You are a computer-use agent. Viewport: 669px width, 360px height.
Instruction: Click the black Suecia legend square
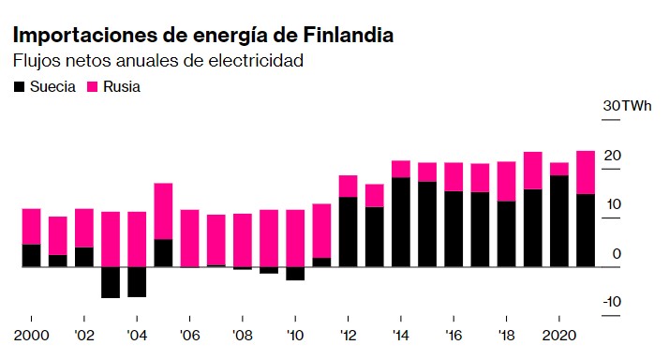pyautogui.click(x=19, y=86)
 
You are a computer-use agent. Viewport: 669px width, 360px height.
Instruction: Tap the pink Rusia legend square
pyautogui.click(x=93, y=86)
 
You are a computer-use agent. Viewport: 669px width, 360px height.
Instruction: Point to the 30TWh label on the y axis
pyautogui.click(x=626, y=106)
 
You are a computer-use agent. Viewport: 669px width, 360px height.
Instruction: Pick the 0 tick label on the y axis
pyautogui.click(x=616, y=253)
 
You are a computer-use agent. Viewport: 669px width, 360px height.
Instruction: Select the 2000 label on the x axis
pyautogui.click(x=31, y=335)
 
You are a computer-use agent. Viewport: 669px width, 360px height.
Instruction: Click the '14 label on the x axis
pyautogui.click(x=401, y=335)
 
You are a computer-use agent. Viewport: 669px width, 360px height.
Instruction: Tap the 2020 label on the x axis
pyautogui.click(x=559, y=335)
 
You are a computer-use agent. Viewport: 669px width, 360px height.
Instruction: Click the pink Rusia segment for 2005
pyautogui.click(x=163, y=211)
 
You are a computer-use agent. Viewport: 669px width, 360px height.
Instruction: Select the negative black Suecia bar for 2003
pyautogui.click(x=111, y=282)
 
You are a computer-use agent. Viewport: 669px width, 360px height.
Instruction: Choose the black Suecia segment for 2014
pyautogui.click(x=401, y=222)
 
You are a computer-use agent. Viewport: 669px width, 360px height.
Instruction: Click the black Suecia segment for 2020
pyautogui.click(x=559, y=221)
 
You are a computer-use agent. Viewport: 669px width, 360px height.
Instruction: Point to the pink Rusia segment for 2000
pyautogui.click(x=31, y=226)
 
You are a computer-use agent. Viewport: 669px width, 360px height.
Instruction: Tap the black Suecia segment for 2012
pyautogui.click(x=348, y=232)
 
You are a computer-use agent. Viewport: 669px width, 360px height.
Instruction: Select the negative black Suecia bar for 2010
pyautogui.click(x=295, y=274)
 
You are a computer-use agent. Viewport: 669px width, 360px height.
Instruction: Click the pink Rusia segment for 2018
pyautogui.click(x=506, y=181)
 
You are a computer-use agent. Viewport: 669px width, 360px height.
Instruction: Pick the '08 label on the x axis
pyautogui.click(x=243, y=335)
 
